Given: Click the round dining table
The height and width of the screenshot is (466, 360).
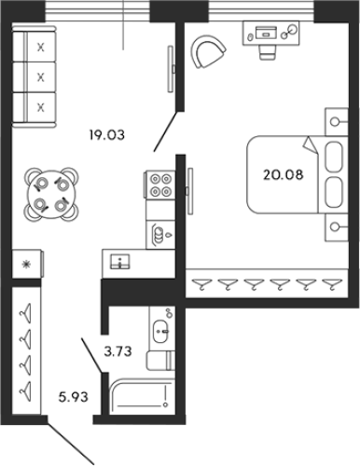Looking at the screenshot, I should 49,194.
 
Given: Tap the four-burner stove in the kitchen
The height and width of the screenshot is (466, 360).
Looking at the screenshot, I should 159,185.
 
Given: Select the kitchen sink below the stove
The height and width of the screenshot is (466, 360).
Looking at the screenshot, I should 159,233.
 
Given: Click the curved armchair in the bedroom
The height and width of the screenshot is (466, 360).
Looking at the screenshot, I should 209,52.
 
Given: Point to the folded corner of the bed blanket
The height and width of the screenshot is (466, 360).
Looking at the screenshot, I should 309,143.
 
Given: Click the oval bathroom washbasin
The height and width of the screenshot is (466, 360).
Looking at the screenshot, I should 160,329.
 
